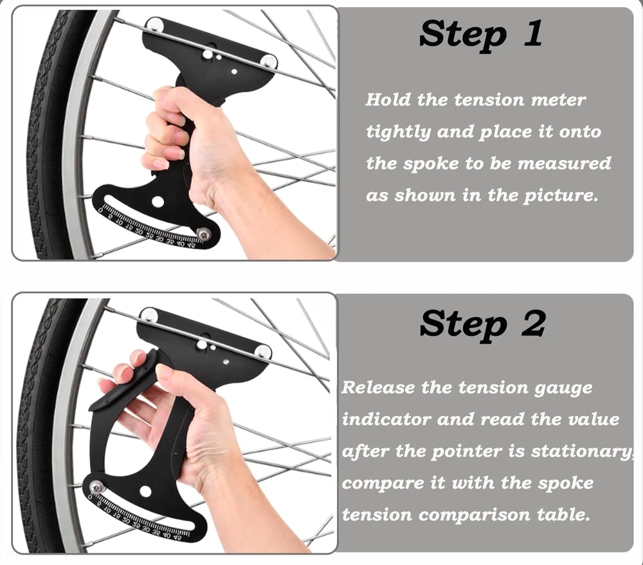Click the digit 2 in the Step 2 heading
tap(533, 323)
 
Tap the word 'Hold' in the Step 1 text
tap(388, 100)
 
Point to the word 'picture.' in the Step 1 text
tap(561, 196)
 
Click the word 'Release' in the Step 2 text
tap(377, 387)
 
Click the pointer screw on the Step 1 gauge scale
tap(203, 234)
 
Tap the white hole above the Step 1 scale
tap(158, 202)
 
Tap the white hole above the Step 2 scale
tap(145, 491)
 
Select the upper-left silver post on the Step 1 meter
tap(155, 25)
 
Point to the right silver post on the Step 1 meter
tap(269, 62)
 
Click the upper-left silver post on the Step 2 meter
tap(149, 315)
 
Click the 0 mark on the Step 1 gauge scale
tap(100, 211)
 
